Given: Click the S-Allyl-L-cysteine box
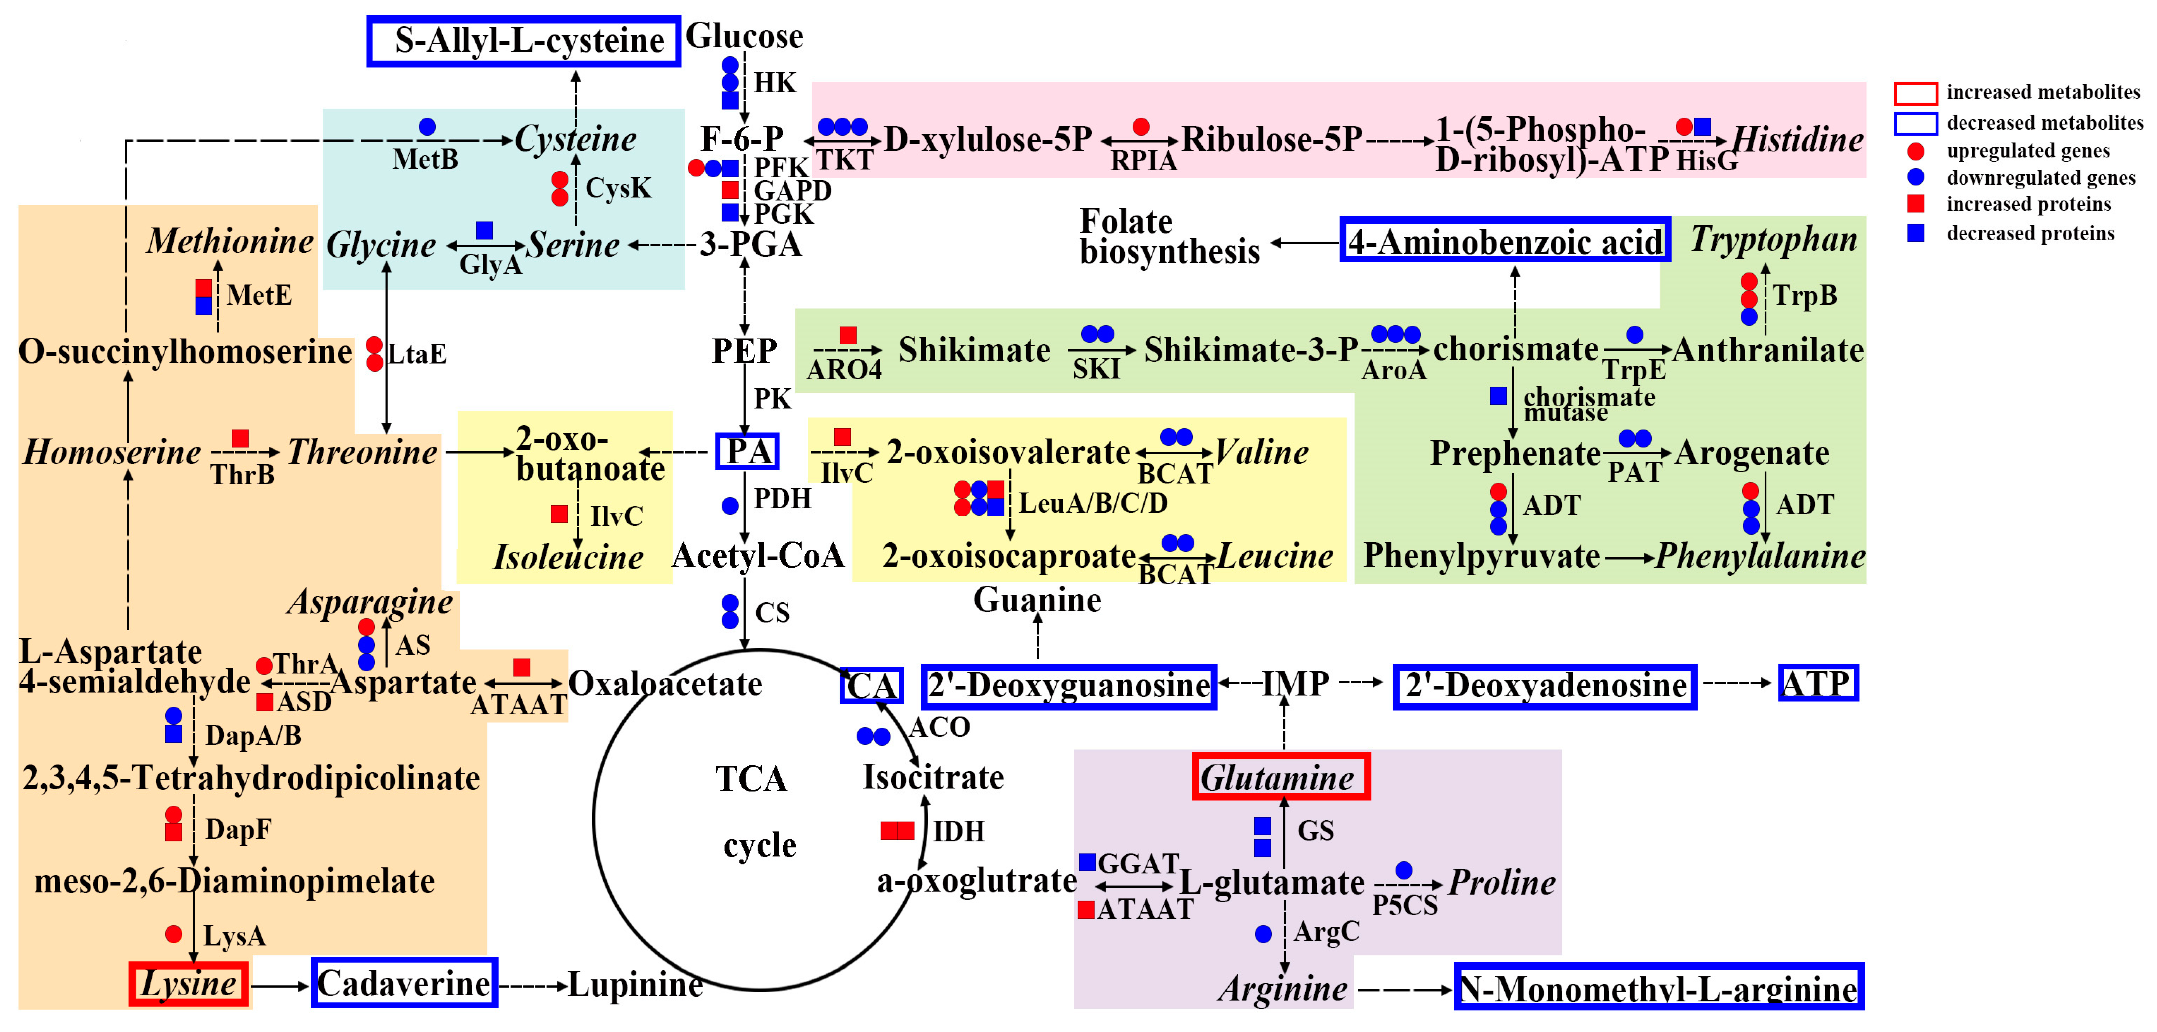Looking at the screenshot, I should [523, 41].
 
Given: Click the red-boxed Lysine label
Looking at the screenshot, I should [189, 984].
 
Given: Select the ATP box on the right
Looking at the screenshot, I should [1817, 683].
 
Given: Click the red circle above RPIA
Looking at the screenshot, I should [1141, 127].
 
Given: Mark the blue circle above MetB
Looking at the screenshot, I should [427, 127].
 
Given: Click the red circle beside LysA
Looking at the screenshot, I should [174, 934].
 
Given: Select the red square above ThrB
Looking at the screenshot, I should [240, 438].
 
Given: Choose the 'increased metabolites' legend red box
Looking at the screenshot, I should [1915, 92].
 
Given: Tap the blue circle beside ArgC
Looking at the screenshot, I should [1264, 933].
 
